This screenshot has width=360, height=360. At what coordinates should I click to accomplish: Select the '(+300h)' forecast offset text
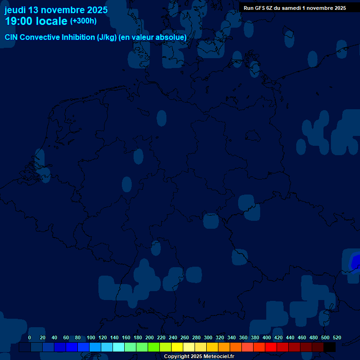(83, 21)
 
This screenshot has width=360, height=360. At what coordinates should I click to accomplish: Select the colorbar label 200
(150, 338)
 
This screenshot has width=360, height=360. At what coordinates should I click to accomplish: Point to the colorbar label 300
(208, 338)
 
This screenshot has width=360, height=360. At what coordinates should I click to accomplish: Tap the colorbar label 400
(267, 338)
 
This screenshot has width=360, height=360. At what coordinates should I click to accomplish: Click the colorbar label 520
(337, 338)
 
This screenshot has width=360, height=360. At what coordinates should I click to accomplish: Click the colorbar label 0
(30, 338)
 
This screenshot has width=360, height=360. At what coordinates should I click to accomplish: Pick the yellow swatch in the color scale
(177, 347)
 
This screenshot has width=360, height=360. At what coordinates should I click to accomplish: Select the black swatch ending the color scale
(330, 347)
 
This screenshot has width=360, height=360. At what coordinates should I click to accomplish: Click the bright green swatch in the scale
(154, 347)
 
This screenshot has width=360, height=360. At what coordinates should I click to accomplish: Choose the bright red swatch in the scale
(271, 347)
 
